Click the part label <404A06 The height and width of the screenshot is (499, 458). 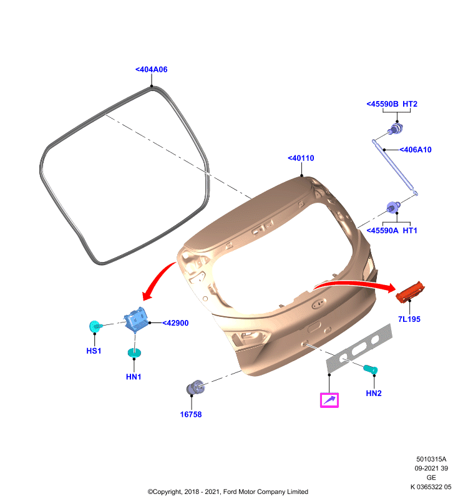tap(152, 69)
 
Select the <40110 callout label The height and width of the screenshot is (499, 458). tap(301, 158)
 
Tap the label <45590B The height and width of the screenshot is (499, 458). tap(382, 104)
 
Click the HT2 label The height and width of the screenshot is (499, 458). tap(410, 104)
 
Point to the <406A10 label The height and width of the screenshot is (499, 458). tap(416, 150)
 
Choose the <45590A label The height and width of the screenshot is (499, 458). tap(382, 230)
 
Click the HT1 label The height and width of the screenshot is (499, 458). tap(410, 230)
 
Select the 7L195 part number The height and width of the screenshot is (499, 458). tap(409, 319)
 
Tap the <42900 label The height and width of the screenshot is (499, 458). tap(176, 323)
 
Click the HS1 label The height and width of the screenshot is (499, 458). tap(94, 351)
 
